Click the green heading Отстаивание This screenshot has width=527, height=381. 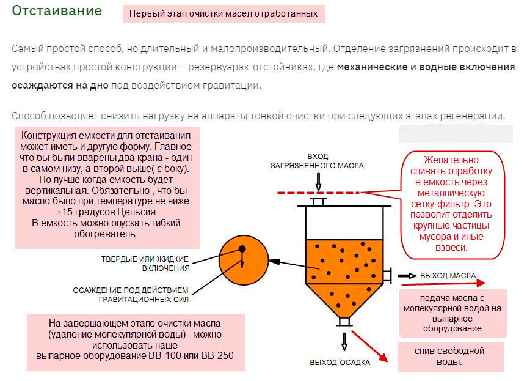coord(57,11)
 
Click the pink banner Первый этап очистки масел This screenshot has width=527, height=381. coord(224,14)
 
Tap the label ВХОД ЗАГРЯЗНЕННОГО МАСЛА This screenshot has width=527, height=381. coord(318,161)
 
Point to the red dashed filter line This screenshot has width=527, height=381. coord(318,193)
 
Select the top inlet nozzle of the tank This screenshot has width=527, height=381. coord(318,202)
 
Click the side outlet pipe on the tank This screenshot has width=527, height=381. coord(387,276)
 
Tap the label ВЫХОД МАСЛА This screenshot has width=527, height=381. coord(448,276)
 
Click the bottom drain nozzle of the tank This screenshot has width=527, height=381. coord(344,322)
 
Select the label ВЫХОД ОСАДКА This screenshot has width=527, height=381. coord(340,363)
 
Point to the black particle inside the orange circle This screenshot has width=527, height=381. coord(242,249)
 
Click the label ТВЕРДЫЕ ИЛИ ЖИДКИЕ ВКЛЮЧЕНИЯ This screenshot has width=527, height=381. coord(145,264)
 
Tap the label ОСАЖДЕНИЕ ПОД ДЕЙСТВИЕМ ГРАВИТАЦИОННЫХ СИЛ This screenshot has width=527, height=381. coord(131,295)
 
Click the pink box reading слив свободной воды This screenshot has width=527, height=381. coord(451,357)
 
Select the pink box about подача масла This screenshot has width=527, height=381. coord(452,313)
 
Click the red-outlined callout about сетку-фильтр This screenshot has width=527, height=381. coord(452,205)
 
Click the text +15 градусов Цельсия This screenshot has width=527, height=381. coord(107,212)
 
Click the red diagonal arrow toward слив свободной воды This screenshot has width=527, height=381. coord(369,346)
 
